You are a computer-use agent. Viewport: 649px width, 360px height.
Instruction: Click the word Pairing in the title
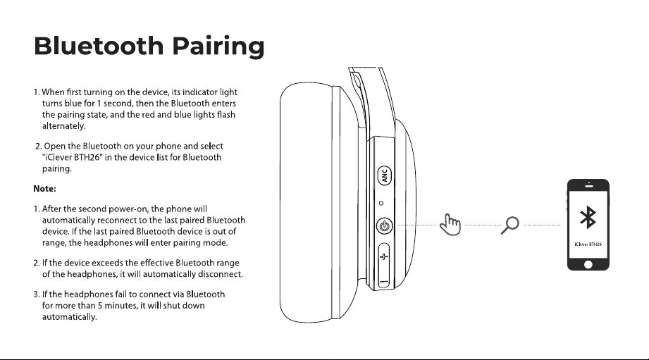click(218, 46)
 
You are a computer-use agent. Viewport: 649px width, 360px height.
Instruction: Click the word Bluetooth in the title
click(99, 46)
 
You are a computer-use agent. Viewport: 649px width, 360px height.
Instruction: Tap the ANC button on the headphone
click(385, 175)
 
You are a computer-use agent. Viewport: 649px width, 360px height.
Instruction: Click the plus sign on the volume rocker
click(383, 256)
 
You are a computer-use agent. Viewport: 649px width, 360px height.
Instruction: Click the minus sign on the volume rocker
click(383, 282)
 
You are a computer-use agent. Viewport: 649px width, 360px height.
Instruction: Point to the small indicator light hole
click(381, 203)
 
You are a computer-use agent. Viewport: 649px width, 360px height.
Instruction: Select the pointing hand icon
click(450, 225)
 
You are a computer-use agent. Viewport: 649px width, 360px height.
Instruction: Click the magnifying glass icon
click(510, 225)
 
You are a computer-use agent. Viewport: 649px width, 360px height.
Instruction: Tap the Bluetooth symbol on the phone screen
click(588, 217)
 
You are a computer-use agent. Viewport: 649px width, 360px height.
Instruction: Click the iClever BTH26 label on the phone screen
click(588, 244)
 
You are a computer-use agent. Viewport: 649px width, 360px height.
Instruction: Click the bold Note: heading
click(44, 189)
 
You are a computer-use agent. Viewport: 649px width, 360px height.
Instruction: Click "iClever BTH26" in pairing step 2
click(72, 157)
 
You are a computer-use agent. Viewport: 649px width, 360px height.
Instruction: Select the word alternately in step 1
click(63, 126)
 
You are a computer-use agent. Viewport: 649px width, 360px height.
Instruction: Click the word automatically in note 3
click(70, 317)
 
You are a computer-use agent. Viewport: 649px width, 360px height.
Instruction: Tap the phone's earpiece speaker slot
click(589, 187)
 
